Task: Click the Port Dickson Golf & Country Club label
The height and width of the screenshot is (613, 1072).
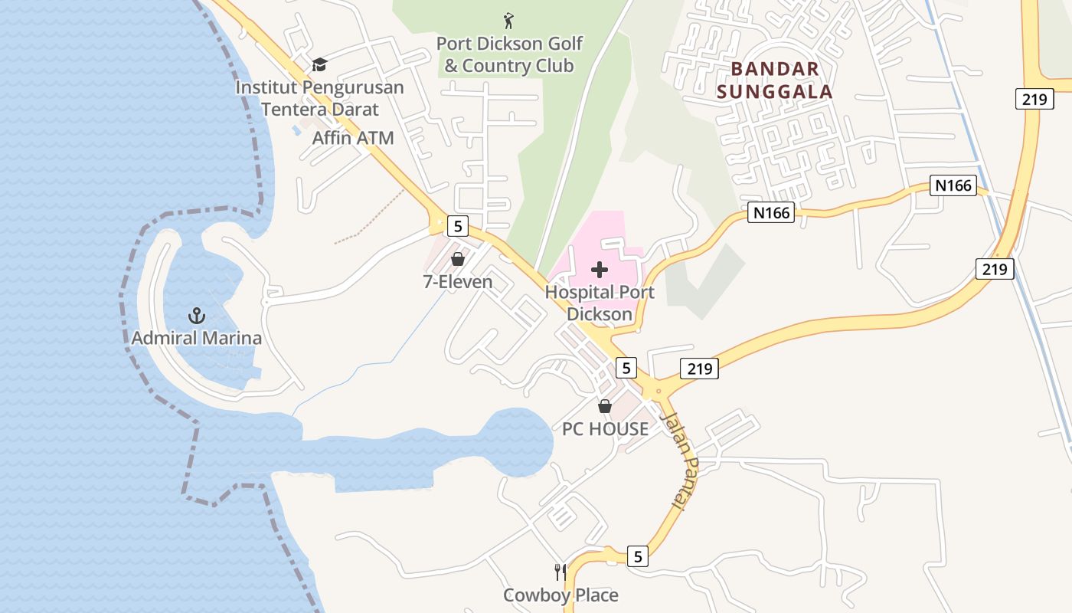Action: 509,54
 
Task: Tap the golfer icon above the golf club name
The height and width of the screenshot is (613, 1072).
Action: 509,20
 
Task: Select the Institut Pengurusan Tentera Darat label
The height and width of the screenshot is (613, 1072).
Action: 319,98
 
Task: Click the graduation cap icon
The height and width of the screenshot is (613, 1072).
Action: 319,64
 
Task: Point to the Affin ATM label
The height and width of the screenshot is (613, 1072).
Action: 353,138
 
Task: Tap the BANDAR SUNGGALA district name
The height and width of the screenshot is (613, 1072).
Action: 781,80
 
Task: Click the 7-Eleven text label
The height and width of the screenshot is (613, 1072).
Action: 458,281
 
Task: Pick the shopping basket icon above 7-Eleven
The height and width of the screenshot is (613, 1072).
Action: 458,259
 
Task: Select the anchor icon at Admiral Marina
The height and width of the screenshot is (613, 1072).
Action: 197,315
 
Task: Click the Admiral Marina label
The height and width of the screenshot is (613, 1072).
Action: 197,338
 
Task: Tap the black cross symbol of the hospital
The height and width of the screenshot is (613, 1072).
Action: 600,270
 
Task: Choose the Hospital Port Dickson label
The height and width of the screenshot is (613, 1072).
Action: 600,303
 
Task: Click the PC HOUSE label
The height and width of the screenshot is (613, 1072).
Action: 605,429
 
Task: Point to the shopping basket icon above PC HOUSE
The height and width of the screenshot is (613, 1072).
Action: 605,406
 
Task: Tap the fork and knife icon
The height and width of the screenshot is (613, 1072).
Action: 561,572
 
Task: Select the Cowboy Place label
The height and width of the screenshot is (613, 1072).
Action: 561,595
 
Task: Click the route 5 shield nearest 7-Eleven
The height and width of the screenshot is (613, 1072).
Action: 458,225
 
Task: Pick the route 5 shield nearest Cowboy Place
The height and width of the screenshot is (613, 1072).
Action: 638,556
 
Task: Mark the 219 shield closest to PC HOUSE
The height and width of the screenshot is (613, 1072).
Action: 699,369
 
